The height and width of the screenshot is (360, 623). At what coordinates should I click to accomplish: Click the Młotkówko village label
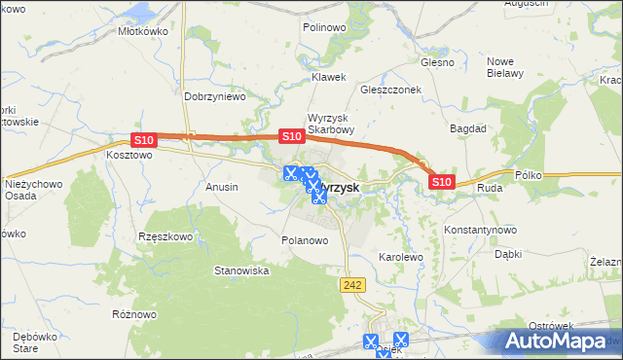(x=143, y=31)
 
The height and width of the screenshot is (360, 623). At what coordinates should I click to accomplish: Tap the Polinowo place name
(x=324, y=28)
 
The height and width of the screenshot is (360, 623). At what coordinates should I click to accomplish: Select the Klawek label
(x=329, y=77)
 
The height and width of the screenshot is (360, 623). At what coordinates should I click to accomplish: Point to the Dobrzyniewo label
(x=214, y=97)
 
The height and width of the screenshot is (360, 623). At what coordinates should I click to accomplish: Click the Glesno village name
(x=437, y=62)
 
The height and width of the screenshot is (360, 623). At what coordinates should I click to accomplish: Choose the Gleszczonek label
(x=389, y=88)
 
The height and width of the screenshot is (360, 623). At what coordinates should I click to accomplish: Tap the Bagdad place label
(x=468, y=127)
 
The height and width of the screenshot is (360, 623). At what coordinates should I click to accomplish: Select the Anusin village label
(x=222, y=185)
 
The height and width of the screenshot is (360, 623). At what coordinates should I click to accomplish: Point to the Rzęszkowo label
(x=166, y=235)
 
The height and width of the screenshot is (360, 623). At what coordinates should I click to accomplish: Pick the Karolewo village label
(x=400, y=258)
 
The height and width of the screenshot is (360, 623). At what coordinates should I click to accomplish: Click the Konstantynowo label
(x=479, y=230)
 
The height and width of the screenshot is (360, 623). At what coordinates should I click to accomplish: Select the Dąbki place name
(x=508, y=254)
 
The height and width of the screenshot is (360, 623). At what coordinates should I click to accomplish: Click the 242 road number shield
(x=352, y=283)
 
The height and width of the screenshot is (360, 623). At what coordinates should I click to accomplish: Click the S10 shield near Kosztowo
(x=143, y=141)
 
